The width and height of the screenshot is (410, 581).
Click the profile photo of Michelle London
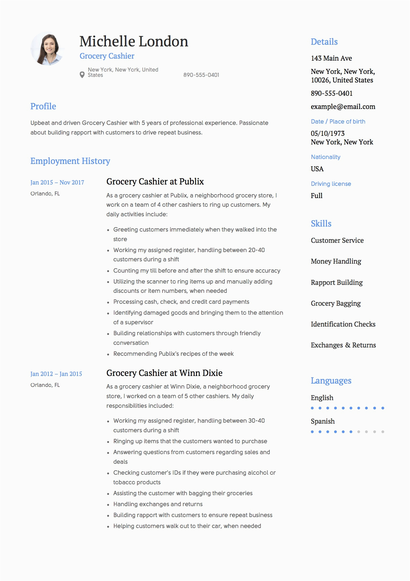click(x=47, y=49)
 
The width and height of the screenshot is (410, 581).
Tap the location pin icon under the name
click(x=82, y=75)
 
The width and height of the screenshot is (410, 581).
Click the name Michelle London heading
click(x=134, y=41)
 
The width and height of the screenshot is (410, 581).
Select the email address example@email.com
click(x=343, y=107)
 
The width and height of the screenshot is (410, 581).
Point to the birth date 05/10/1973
click(x=328, y=133)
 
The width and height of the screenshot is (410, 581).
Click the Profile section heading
click(x=43, y=106)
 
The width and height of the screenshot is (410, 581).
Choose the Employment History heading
click(x=70, y=161)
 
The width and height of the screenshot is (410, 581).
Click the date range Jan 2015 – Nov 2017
click(x=57, y=183)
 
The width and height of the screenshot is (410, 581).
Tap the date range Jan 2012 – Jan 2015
click(x=56, y=374)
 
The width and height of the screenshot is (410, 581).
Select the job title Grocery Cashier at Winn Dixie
click(x=164, y=373)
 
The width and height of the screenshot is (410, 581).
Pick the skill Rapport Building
click(x=337, y=283)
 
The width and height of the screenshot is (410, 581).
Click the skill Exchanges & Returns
click(x=343, y=345)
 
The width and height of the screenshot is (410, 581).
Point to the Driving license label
click(x=331, y=184)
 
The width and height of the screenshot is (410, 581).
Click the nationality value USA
click(x=317, y=169)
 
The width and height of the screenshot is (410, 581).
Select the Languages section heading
click(x=331, y=381)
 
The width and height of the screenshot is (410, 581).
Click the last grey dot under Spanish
click(x=383, y=432)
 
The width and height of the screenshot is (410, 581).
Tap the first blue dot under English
click(x=312, y=408)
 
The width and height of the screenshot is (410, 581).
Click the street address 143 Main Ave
click(x=331, y=58)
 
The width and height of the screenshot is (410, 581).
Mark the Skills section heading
click(x=321, y=224)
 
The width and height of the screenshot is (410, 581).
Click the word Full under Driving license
click(x=317, y=196)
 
